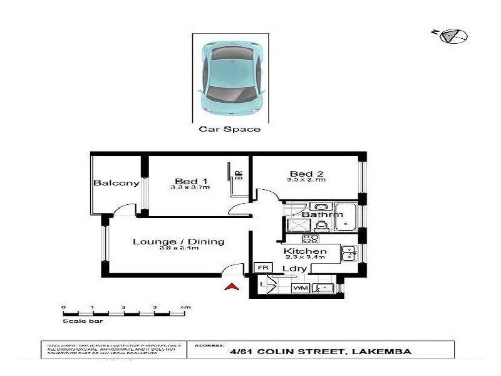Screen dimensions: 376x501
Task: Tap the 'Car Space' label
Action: coord(229,130)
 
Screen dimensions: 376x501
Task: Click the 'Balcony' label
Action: coord(116,183)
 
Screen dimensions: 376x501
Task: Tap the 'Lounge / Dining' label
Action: coord(178,241)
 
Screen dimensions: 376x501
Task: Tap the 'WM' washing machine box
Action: coord(299,288)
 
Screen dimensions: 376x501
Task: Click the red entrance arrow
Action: coord(232,287)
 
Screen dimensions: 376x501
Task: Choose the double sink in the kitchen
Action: coord(349,253)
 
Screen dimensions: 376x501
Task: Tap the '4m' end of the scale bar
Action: coord(185,308)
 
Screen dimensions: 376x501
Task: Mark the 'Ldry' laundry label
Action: coord(294,269)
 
